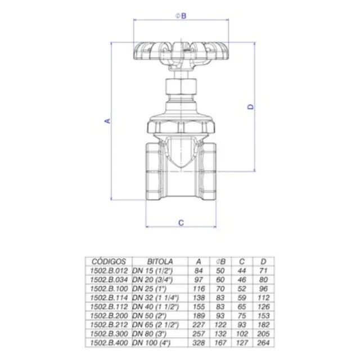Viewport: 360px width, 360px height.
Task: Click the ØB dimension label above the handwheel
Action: (181, 16)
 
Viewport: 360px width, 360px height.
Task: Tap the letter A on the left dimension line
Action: (107, 121)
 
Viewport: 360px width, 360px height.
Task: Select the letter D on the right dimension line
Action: (251, 106)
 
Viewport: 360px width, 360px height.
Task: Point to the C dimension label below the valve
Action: (181, 223)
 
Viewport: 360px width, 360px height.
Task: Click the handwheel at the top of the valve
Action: (181, 51)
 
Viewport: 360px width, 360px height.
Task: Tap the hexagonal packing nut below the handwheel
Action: (181, 87)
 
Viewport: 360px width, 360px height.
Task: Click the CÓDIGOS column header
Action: (109, 262)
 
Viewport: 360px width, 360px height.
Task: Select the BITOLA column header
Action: (160, 262)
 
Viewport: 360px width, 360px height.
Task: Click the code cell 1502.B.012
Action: (109, 271)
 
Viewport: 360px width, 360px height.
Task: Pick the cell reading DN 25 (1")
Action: (149, 289)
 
